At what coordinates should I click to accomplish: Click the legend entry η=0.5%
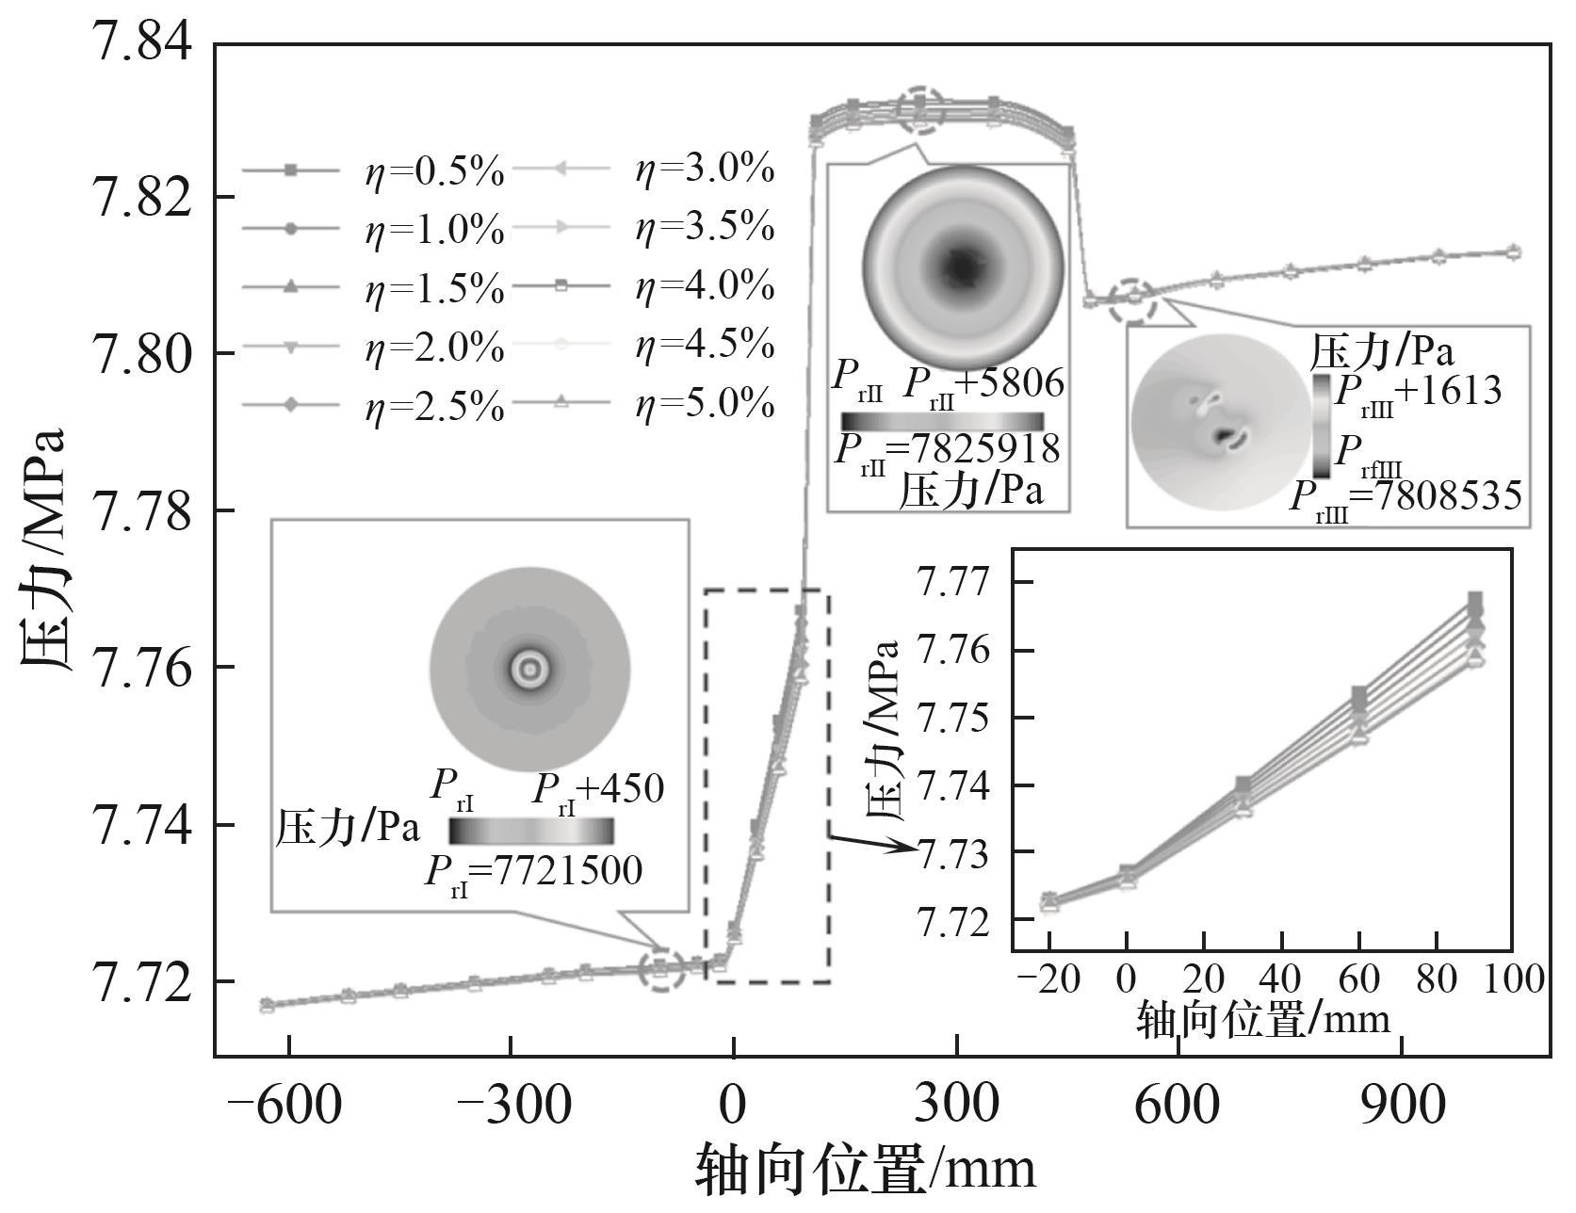click(433, 172)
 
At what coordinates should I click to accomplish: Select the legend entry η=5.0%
click(705, 405)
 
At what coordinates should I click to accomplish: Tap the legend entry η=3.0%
click(705, 170)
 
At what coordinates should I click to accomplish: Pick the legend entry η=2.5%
click(433, 407)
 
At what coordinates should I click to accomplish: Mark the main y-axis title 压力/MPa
click(42, 549)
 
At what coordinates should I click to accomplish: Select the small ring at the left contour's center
click(529, 669)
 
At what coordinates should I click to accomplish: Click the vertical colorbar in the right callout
click(1321, 425)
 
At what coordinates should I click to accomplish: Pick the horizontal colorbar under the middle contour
click(942, 421)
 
